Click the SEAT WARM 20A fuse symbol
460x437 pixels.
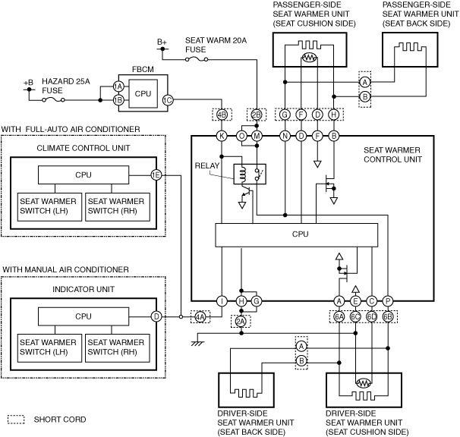[x=197, y=59]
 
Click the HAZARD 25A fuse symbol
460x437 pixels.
[x=53, y=100]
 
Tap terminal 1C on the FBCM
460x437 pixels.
[x=168, y=100]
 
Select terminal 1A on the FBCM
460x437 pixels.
[x=118, y=86]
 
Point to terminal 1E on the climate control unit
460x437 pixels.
[x=156, y=175]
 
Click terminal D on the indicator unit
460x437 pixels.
[x=156, y=317]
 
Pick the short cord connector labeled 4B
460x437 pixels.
[x=222, y=115]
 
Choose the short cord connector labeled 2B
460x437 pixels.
[x=257, y=115]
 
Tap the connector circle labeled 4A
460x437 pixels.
[x=200, y=317]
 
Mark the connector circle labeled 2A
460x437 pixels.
[x=241, y=322]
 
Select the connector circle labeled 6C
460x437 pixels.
[x=355, y=317]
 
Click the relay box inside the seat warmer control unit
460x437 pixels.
[x=250, y=174]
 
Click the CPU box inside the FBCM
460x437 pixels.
[x=143, y=93]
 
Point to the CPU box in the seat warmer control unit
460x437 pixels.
[x=297, y=235]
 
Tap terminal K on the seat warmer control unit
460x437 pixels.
[x=222, y=136]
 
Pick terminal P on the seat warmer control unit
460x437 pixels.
[x=388, y=301]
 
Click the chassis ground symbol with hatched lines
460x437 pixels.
[x=197, y=343]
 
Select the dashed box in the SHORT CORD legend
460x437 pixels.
[x=16, y=420]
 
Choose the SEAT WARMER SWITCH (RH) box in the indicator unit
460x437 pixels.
[x=118, y=348]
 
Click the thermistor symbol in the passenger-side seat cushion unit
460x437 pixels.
[x=309, y=58]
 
